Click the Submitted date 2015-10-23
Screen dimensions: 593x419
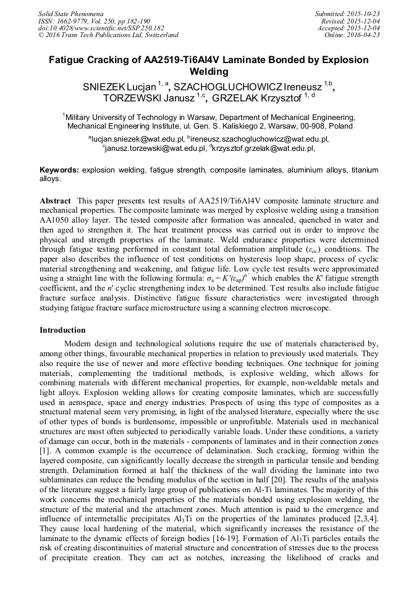pos(363,13)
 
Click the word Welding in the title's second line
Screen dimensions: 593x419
pos(209,72)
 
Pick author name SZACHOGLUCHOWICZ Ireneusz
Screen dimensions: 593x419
pos(248,87)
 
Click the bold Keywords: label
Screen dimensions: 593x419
pos(59,169)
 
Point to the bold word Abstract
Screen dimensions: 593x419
pos(56,202)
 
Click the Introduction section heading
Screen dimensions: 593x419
pos(62,330)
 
